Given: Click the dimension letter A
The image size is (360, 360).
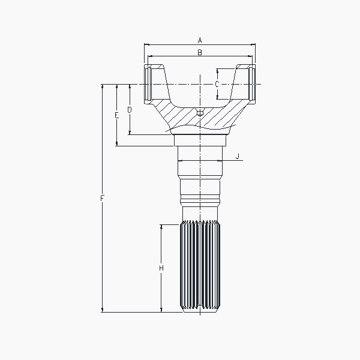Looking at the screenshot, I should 200,40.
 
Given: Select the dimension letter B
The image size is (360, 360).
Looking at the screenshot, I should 200,53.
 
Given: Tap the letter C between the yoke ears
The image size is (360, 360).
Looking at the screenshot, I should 217,84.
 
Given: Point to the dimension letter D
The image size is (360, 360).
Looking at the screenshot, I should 129,109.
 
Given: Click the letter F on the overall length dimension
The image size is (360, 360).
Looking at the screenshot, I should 103,198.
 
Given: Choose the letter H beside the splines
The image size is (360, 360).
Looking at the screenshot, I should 161,268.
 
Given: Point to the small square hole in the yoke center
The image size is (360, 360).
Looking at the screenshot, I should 200,112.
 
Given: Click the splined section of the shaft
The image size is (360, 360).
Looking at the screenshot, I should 200,266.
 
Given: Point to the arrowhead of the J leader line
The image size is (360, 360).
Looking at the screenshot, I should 223,161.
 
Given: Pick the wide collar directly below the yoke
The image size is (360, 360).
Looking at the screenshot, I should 200,139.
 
